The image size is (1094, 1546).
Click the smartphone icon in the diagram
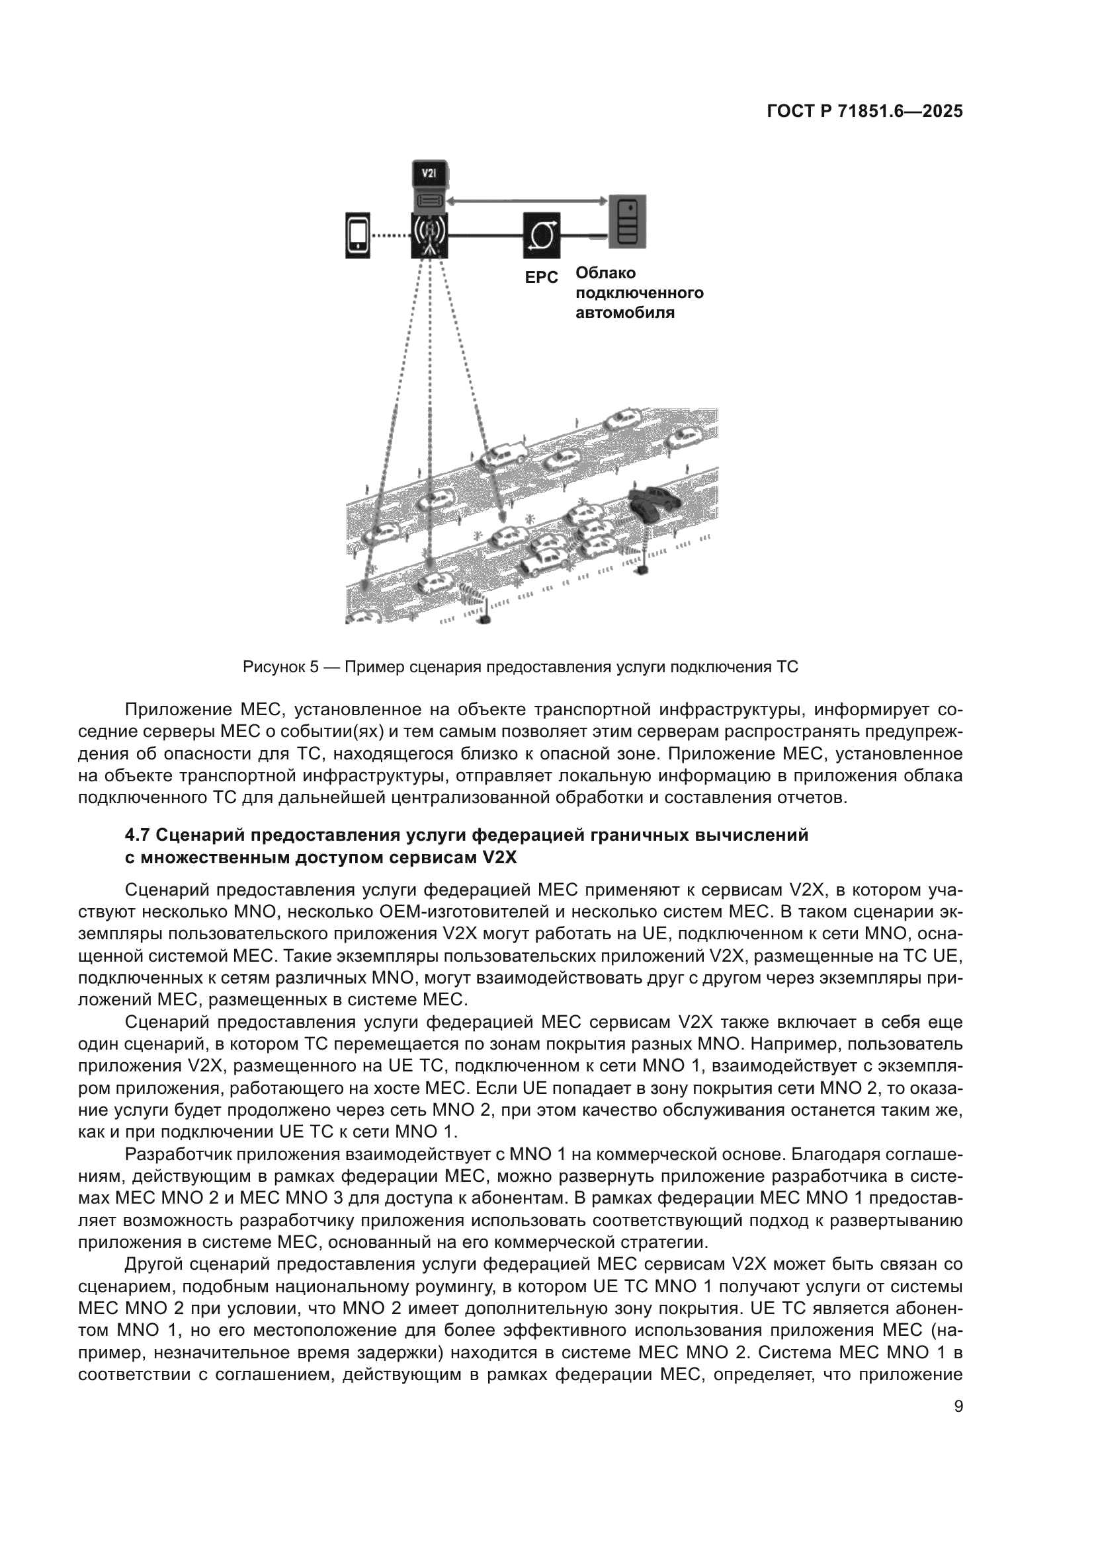358,235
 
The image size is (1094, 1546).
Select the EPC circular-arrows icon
541,236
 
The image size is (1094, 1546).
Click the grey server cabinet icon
627,221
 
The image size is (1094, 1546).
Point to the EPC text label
542,278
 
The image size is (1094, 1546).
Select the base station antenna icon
430,235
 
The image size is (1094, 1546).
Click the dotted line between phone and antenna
391,236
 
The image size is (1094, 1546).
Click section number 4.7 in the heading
138,835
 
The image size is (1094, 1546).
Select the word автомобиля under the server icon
624,313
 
